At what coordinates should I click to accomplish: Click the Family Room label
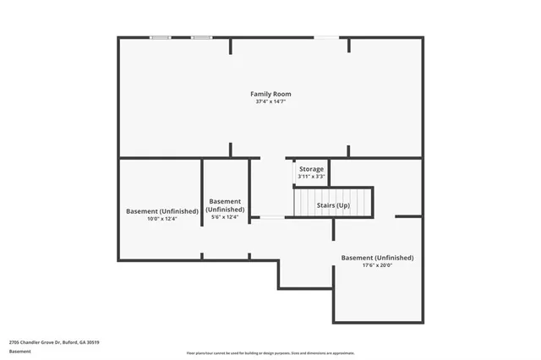pos(270,93)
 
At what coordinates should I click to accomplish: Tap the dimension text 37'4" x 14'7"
pos(270,101)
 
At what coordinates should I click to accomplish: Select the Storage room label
pos(311,169)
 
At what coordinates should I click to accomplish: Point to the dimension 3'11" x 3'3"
pos(311,177)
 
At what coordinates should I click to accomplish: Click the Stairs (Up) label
pos(333,205)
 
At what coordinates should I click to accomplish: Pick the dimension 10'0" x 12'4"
pos(162,219)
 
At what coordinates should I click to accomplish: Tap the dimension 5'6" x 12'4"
pos(226,217)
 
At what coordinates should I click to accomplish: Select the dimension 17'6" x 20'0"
pos(377,265)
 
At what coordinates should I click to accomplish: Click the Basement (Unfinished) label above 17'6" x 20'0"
pos(377,257)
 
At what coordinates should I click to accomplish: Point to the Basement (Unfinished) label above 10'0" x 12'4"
pos(162,211)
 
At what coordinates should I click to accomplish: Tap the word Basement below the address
pos(20,351)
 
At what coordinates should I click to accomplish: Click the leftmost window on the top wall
pos(160,37)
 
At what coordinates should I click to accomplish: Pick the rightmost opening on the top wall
pos(326,37)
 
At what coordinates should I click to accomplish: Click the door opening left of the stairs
pos(271,218)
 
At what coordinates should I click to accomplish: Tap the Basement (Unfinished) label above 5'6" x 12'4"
pos(226,205)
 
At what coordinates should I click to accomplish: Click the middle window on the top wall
pos(201,37)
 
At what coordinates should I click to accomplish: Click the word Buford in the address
pos(64,341)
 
